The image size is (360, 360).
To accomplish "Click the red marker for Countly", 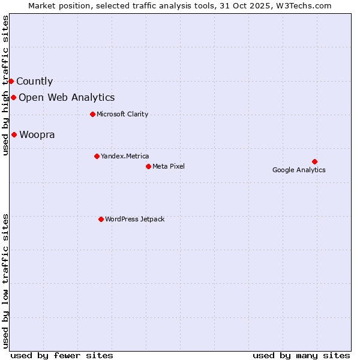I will coord(11,81).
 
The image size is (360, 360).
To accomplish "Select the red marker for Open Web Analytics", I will coord(13,97).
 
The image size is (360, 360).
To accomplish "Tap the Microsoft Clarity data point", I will coord(92,114).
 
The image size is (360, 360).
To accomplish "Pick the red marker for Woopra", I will coord(14,134).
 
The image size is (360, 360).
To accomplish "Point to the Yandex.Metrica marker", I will coord(97,156).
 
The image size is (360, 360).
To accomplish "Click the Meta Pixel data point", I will coord(148,166).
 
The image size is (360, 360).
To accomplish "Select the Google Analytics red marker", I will coord(314,161).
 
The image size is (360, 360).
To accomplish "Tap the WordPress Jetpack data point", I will coord(101,219).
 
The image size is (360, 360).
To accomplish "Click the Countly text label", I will coord(34,82).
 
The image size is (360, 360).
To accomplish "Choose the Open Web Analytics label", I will coord(67,98).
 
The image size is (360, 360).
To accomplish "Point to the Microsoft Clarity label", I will coord(122,115).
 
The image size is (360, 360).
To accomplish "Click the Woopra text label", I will coord(37,135).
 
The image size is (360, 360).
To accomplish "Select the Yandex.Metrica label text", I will coord(125,157).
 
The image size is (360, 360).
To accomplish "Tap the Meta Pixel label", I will coord(169,167).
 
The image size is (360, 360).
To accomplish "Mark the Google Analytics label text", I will coord(299,170).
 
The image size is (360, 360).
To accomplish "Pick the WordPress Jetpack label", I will coord(134,220).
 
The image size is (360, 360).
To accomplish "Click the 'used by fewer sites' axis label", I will coord(62,355).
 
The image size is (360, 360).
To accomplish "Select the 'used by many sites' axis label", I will coord(301,355).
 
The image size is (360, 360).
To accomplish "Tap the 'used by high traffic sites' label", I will coord(5,86).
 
